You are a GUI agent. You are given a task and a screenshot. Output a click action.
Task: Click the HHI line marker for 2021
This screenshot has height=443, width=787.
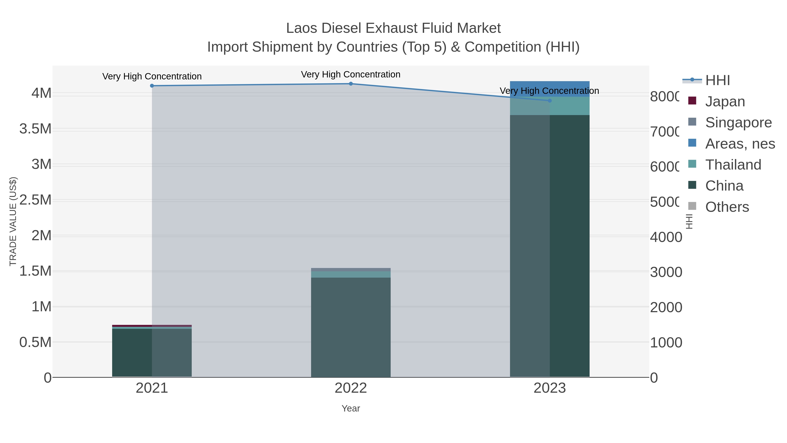pyautogui.click(x=152, y=86)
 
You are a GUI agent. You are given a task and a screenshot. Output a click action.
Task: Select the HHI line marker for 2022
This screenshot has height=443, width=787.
pyautogui.click(x=351, y=84)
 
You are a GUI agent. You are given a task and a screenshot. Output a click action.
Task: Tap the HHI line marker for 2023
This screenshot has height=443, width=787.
pyautogui.click(x=550, y=101)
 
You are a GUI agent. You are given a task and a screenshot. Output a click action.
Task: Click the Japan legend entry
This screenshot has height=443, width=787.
pyautogui.click(x=725, y=102)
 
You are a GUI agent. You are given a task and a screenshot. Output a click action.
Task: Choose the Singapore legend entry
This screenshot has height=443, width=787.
pyautogui.click(x=738, y=123)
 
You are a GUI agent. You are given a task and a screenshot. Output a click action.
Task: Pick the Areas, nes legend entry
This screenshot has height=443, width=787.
pyautogui.click(x=740, y=144)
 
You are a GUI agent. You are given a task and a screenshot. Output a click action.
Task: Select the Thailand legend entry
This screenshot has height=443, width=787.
pyautogui.click(x=733, y=165)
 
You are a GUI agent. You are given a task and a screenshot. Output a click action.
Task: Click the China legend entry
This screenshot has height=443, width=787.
pyautogui.click(x=724, y=186)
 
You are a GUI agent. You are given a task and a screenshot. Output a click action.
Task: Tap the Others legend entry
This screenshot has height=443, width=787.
pyautogui.click(x=727, y=207)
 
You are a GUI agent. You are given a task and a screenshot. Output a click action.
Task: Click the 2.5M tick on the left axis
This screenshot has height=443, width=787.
pyautogui.click(x=35, y=200)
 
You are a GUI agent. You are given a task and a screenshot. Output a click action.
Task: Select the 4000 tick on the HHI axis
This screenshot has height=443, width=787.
pyautogui.click(x=666, y=237)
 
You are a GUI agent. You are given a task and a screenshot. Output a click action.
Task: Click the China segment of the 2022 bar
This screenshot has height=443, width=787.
pyautogui.click(x=351, y=327)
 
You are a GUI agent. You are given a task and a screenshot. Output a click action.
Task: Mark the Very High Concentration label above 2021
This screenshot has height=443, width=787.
pyautogui.click(x=152, y=76)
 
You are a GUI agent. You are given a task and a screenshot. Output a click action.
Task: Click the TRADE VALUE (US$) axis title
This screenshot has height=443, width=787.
pyautogui.click(x=13, y=221)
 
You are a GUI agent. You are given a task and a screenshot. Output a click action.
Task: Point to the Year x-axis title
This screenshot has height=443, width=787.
pyautogui.click(x=351, y=408)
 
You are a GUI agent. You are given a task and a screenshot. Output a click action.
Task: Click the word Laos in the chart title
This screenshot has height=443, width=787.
pyautogui.click(x=302, y=28)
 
